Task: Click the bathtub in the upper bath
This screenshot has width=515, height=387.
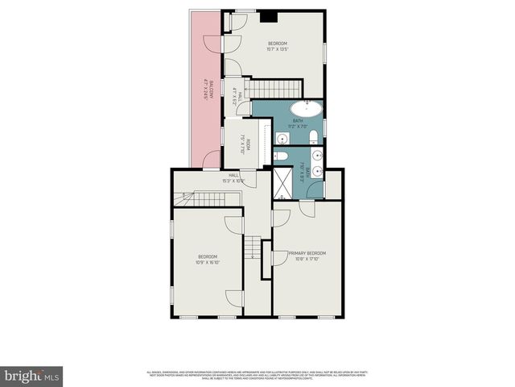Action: click(306, 110)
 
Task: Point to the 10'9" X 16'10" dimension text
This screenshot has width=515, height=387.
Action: click(208, 262)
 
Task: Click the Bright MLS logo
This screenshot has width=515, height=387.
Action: click(32, 375)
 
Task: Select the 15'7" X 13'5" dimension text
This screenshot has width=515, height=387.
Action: click(278, 49)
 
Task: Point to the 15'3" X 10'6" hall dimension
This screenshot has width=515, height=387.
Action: click(233, 181)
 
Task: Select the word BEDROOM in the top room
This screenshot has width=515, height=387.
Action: click(278, 43)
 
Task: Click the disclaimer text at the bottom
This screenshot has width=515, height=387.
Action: click(257, 374)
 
